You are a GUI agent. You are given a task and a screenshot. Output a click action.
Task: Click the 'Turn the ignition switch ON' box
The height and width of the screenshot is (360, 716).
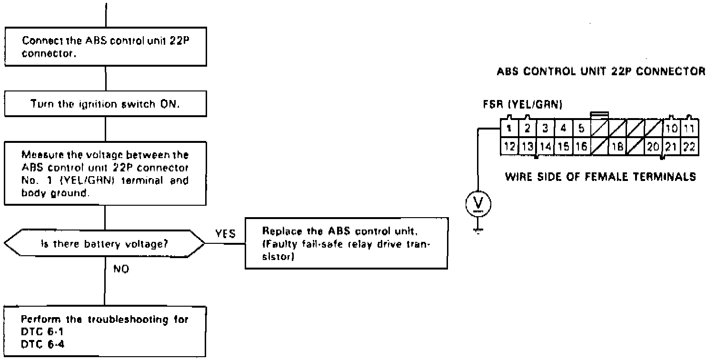(105, 104)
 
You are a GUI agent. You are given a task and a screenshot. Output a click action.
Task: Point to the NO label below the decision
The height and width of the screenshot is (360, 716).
(121, 269)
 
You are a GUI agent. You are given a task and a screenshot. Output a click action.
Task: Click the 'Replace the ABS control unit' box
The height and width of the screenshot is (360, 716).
(346, 242)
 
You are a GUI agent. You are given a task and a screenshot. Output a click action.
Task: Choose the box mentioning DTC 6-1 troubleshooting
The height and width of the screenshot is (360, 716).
(105, 332)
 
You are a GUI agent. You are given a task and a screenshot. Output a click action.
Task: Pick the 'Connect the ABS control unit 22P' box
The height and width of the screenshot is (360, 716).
(105, 46)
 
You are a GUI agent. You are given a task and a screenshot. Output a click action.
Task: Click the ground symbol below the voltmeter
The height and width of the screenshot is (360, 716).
(479, 230)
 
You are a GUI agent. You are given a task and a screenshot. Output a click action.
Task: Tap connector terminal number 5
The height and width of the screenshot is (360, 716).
(581, 128)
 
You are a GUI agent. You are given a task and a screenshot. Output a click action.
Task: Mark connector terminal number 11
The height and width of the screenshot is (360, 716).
(688, 128)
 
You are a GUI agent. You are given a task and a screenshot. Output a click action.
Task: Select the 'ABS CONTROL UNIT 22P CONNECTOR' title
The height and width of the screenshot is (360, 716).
(601, 72)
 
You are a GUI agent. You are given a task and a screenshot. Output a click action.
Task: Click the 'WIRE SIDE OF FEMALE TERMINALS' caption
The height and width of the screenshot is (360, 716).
(601, 177)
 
